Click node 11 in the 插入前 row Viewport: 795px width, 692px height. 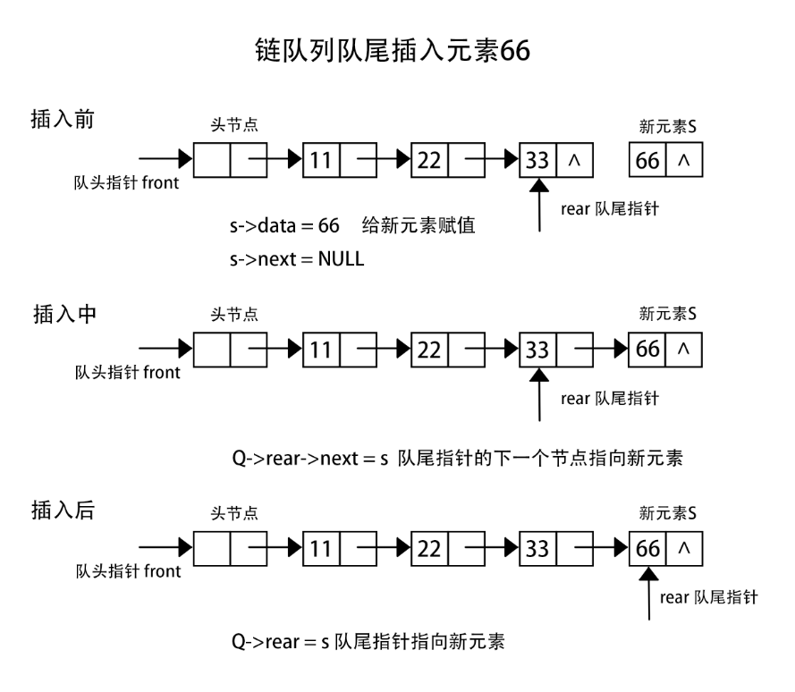pos(321,161)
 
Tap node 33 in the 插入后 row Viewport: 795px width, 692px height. pos(537,546)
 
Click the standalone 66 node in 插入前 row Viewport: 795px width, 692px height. pos(647,161)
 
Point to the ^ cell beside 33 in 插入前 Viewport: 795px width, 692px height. pos(574,161)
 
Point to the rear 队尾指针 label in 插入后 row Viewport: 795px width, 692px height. pos(708,596)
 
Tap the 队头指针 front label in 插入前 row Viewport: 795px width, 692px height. pos(126,183)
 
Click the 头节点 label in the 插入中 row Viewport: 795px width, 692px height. pos(230,315)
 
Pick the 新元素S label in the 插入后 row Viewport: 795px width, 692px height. pos(668,512)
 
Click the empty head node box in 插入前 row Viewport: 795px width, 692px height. pos(212,161)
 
